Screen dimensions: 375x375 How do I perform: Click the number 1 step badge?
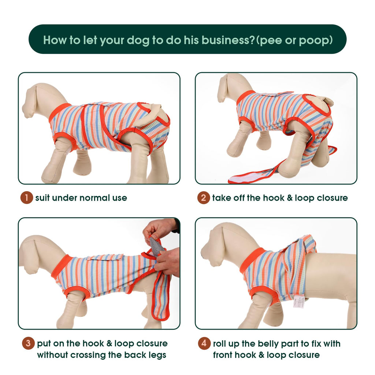point(26,198)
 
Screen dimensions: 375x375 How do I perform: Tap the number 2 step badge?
point(204,198)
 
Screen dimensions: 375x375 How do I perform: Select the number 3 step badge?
point(28,343)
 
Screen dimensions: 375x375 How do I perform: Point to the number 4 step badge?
point(204,343)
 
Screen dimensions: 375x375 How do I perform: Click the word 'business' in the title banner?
point(228,40)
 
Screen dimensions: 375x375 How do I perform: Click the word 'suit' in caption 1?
point(42,198)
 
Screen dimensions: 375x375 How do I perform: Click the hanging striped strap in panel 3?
point(161,297)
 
